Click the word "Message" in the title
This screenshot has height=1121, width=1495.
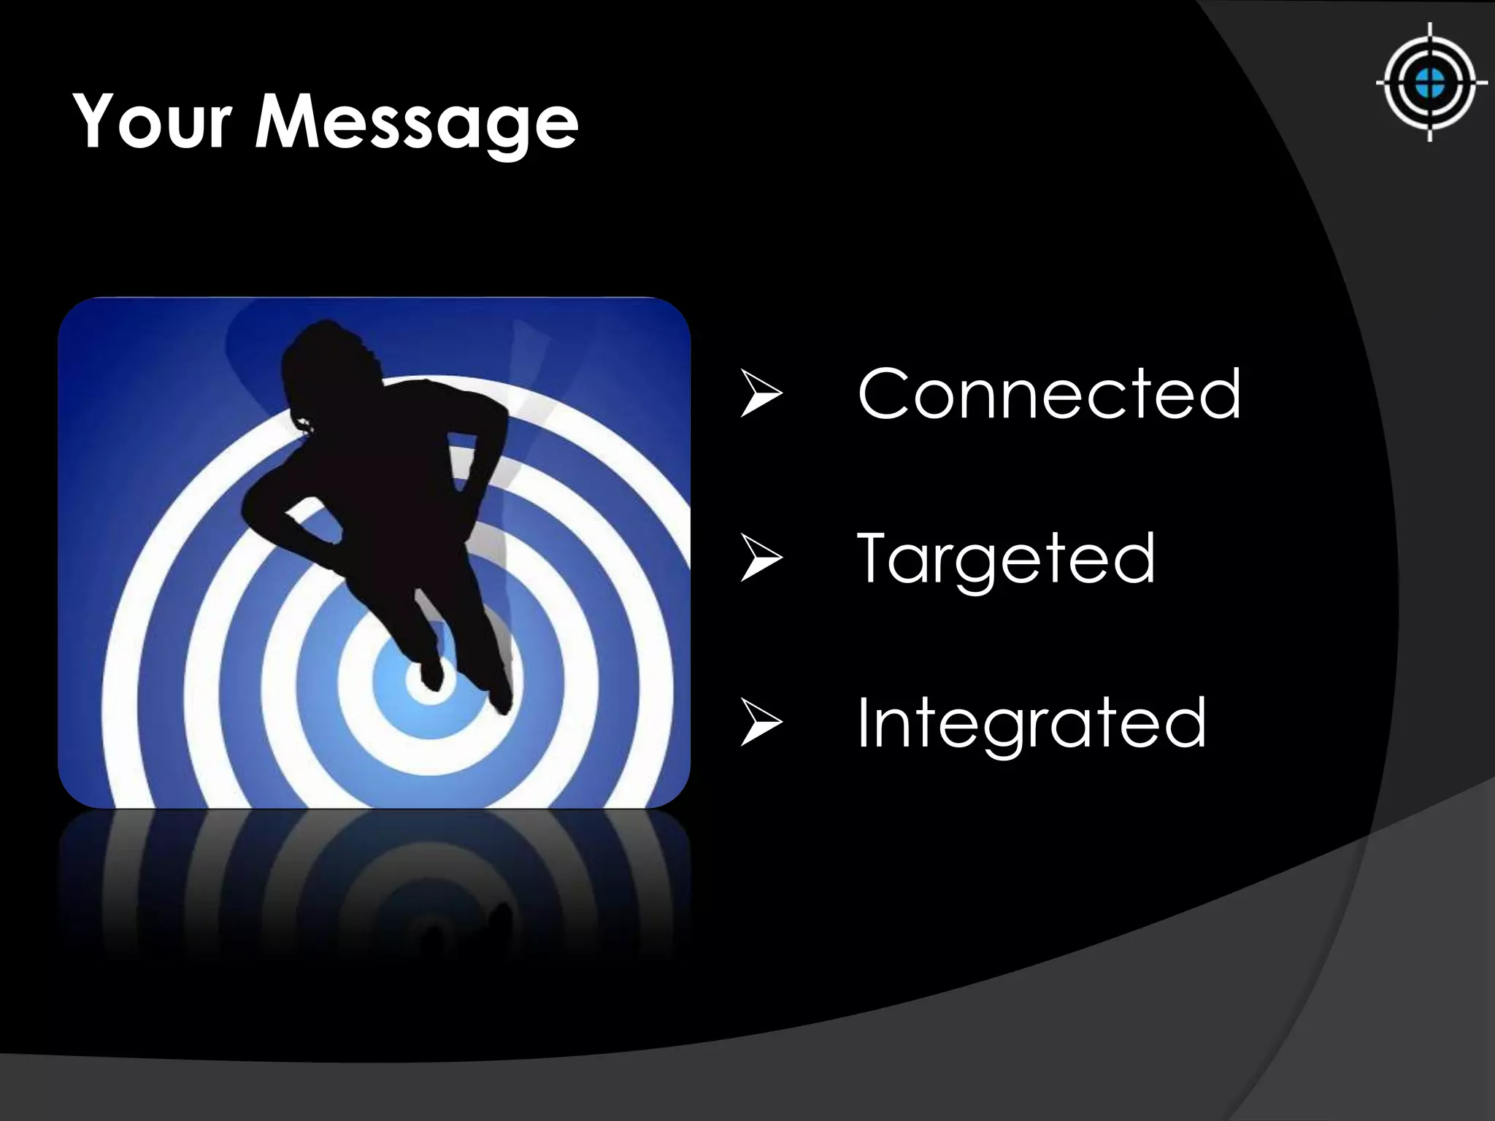416,124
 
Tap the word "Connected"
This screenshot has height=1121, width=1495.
1049,394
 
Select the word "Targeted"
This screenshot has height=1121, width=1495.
1005,558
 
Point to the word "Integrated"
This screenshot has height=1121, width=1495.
1031,723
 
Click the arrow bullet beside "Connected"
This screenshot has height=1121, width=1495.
761,395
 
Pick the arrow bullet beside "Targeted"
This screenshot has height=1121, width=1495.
761,559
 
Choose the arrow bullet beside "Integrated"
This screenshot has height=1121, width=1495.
761,723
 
